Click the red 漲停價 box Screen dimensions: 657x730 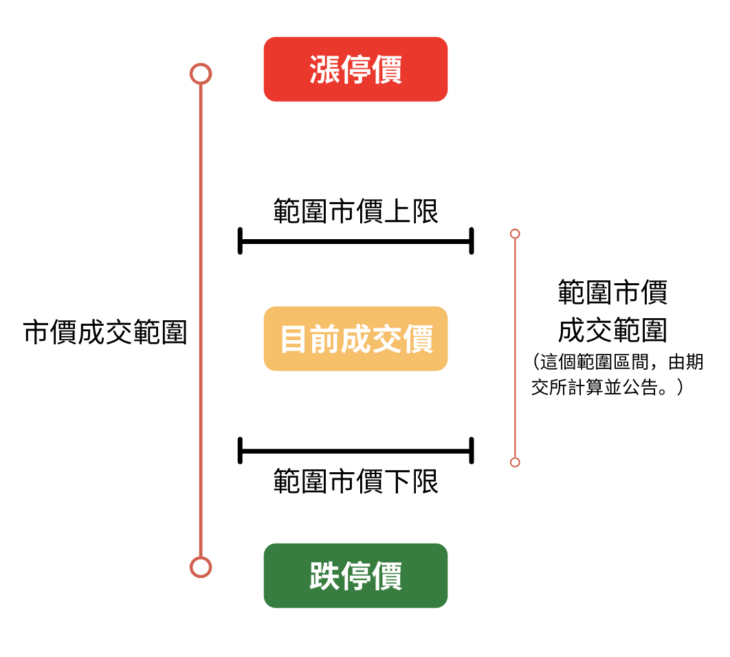pos(355,69)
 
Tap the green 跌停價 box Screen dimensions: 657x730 pos(355,575)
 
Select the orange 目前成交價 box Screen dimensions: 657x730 pos(355,339)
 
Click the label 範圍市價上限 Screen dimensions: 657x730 pos(355,211)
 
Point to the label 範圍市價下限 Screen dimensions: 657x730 pos(355,481)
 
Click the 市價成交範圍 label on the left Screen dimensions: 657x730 pos(105,332)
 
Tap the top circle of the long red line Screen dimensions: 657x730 pos(200,74)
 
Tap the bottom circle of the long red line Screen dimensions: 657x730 pos(200,567)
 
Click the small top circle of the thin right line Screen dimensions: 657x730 pos(515,234)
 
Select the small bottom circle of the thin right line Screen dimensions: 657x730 pos(515,462)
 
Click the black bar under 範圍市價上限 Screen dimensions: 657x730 pos(355,241)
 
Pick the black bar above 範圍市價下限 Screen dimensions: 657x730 pos(355,451)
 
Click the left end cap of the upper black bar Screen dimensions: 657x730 pos(240,241)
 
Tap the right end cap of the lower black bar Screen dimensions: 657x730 pos(472,451)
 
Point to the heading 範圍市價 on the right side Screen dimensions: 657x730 pos(612,292)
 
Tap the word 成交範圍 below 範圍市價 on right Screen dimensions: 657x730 pos(612,330)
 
